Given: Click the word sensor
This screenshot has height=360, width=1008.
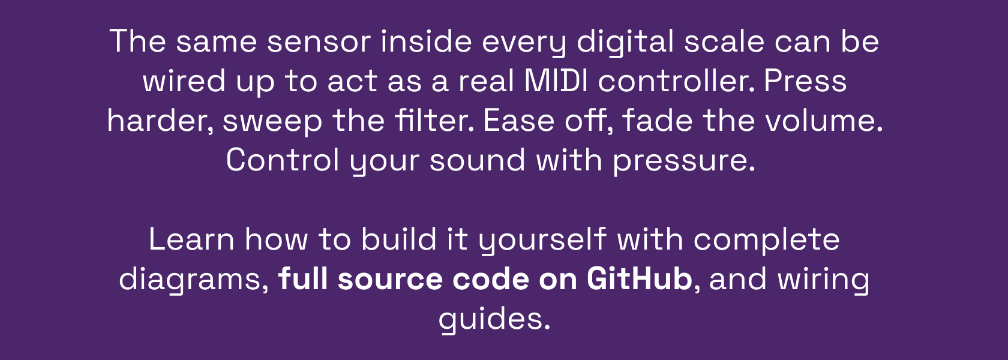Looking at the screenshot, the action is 319,41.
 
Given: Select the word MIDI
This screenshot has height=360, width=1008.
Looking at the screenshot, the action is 556,81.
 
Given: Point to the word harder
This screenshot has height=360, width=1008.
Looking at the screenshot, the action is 160,120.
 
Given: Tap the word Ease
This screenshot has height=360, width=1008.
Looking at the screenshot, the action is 518,121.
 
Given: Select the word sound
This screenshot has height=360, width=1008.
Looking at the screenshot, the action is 477,160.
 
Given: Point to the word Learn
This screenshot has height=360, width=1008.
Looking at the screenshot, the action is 191,239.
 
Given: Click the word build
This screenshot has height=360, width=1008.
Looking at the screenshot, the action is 398,239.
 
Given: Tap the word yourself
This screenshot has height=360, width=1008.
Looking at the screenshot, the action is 542,240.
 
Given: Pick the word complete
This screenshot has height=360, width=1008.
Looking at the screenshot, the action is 766,240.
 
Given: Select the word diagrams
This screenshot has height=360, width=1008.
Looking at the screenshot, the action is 194,280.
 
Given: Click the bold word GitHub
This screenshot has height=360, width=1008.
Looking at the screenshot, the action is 640,278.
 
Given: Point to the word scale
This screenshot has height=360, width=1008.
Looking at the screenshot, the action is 724,41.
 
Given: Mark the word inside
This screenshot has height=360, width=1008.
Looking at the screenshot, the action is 427,41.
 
